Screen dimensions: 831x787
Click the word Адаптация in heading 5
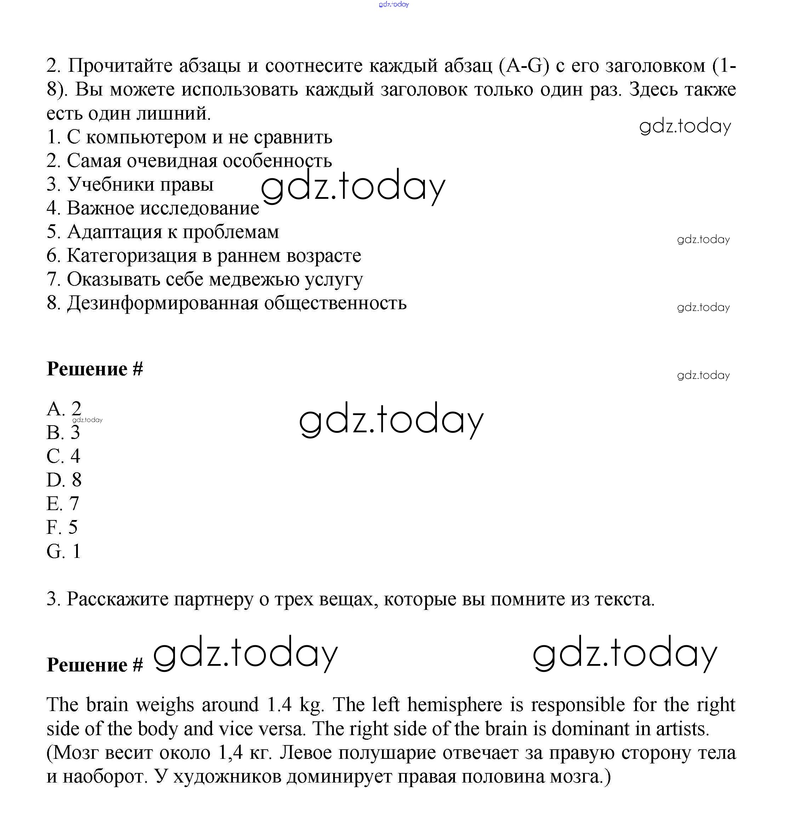114,232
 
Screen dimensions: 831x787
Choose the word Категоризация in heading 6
132,256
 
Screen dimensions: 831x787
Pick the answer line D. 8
63,480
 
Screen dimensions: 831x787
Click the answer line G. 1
63,551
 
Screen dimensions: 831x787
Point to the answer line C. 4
63,456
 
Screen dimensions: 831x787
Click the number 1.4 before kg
279,705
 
